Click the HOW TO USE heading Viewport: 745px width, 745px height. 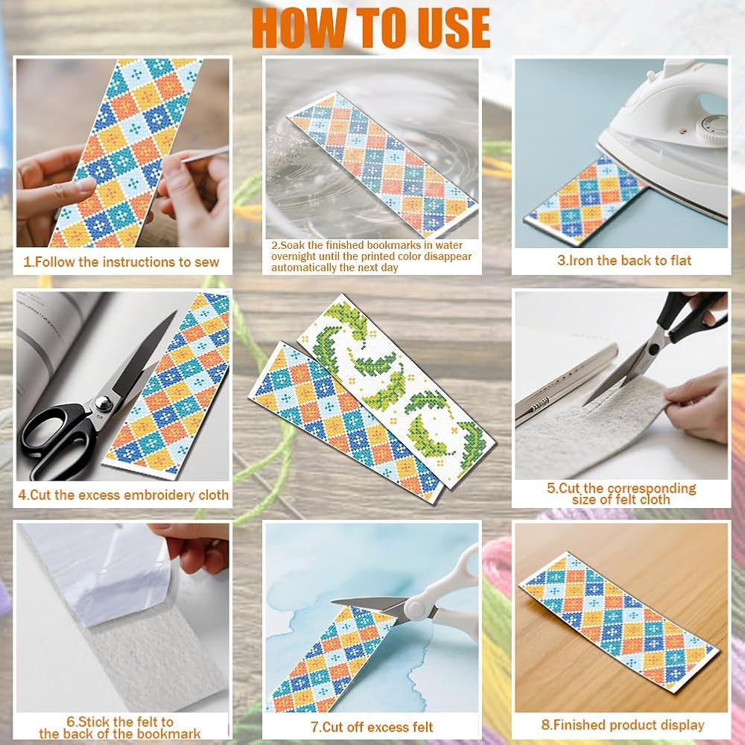click(x=371, y=28)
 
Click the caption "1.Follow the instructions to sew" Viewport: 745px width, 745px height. click(x=121, y=261)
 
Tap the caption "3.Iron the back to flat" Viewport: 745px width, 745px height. click(x=624, y=260)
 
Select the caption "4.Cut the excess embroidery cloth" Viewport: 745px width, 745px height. click(x=123, y=495)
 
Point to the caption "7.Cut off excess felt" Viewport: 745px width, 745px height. click(x=372, y=727)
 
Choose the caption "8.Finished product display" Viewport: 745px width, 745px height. click(x=622, y=725)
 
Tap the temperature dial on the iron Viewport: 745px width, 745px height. click(x=711, y=129)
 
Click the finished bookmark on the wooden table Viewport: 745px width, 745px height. click(x=618, y=622)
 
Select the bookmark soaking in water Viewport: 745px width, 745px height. click(x=383, y=165)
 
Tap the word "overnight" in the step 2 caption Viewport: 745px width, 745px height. click(x=293, y=256)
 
